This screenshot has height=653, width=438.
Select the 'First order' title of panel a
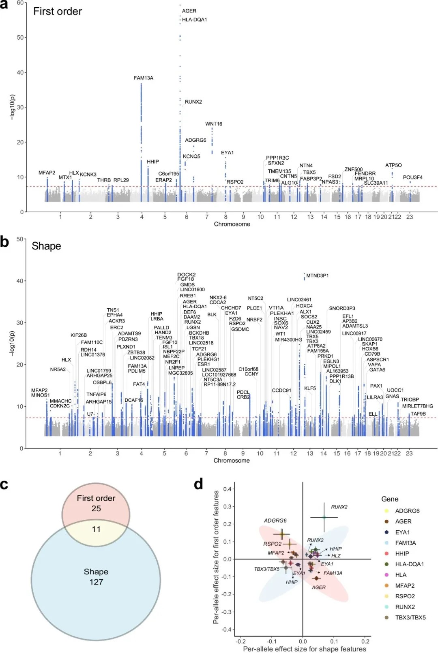click(58, 11)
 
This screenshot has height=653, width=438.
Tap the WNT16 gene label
click(214, 124)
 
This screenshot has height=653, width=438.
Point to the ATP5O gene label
click(393, 165)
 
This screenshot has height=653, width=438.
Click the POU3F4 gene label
click(412, 177)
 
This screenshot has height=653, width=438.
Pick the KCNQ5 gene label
click(191, 156)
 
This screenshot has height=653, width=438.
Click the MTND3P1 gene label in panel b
click(318, 275)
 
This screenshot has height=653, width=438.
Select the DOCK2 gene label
click(187, 275)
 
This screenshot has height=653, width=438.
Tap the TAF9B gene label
click(418, 414)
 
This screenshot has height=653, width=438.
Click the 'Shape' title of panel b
click(46, 246)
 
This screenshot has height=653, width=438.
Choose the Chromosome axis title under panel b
click(232, 461)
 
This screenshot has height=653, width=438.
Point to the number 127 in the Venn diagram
click(96, 582)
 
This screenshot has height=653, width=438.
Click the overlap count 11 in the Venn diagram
click(96, 529)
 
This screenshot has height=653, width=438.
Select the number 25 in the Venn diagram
click(96, 508)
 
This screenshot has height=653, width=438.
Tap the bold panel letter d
click(198, 484)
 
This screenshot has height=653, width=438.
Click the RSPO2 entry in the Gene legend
click(405, 596)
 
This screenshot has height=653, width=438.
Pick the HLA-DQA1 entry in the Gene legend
click(409, 564)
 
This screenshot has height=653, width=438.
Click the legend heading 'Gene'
click(390, 499)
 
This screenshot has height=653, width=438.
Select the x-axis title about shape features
click(304, 649)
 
